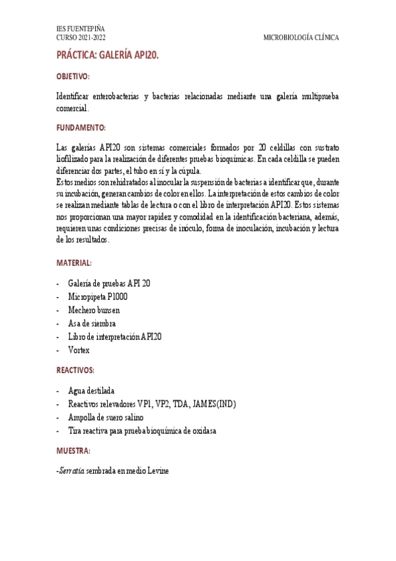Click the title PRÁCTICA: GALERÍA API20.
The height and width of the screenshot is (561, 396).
[x=107, y=57]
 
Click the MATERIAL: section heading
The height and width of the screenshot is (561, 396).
[x=74, y=263]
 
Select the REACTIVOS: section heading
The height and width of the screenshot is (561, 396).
[x=75, y=370]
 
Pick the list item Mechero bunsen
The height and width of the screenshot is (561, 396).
[x=94, y=310]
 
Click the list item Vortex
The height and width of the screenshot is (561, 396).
[x=79, y=349]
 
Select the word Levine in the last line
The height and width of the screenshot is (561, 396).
[x=157, y=470]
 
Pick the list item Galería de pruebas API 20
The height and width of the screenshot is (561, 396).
[x=109, y=283]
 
